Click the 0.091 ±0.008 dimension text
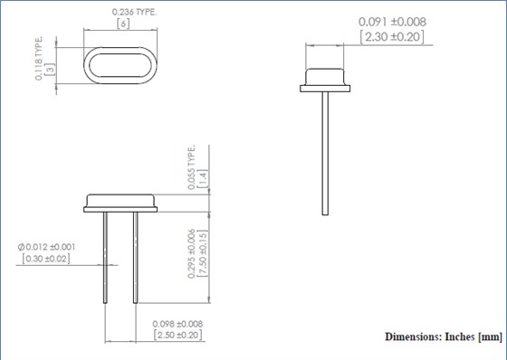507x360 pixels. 392,22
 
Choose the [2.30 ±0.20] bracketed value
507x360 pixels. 392,37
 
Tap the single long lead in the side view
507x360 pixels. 325,154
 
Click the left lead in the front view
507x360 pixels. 108,258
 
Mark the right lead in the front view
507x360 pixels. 136,258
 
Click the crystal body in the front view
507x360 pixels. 121,203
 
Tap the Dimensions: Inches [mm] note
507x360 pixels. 443,336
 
